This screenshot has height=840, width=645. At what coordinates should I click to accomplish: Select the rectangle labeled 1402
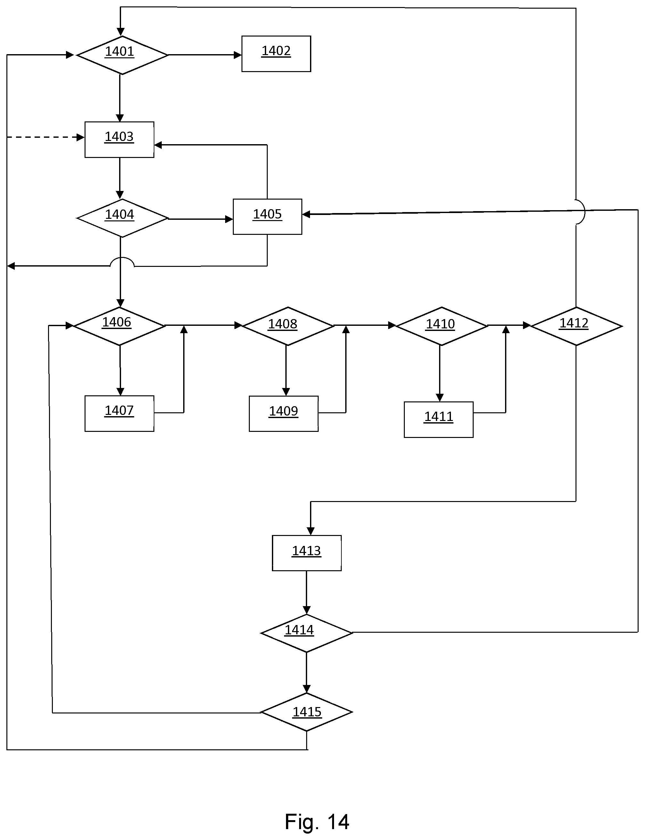click(276, 54)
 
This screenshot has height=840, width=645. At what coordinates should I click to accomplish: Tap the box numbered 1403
click(119, 139)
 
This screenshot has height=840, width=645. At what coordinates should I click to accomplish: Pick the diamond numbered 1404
click(122, 218)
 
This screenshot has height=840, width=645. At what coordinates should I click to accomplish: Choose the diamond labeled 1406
click(119, 326)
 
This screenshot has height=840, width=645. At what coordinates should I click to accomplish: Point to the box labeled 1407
click(119, 414)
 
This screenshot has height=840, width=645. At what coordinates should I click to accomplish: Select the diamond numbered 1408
click(288, 326)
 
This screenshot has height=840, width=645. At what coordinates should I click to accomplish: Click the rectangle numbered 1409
click(284, 414)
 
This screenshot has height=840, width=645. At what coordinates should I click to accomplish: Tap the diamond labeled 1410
click(442, 326)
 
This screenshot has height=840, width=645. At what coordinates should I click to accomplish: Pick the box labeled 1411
click(438, 419)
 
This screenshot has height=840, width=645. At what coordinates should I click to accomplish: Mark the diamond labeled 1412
click(576, 326)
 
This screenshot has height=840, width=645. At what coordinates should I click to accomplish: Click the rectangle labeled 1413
click(307, 553)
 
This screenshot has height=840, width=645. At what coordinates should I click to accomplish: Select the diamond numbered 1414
click(306, 633)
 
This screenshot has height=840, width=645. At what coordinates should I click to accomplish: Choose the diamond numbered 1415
click(306, 712)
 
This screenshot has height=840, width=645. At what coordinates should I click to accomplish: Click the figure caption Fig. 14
click(317, 822)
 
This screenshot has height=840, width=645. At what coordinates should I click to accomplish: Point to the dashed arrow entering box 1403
click(46, 137)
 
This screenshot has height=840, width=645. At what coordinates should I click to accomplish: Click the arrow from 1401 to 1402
click(205, 55)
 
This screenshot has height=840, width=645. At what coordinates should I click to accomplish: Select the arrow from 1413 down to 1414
click(306, 593)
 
